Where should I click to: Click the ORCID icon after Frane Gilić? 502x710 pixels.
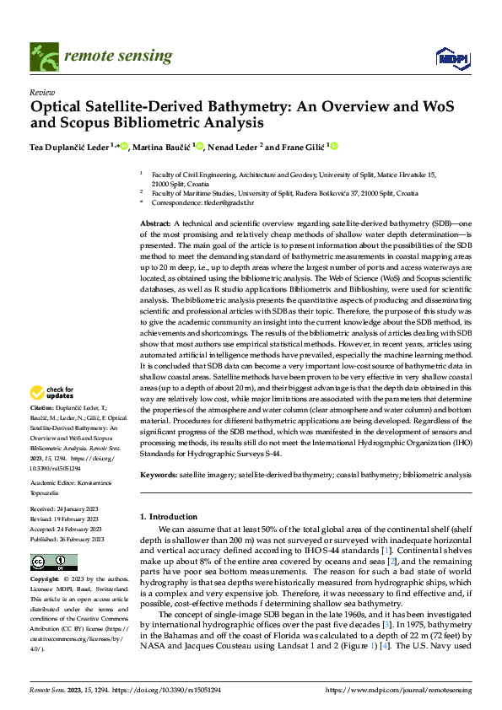(333, 147)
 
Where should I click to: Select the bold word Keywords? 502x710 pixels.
(159, 476)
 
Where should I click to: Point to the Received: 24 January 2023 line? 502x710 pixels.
(66, 510)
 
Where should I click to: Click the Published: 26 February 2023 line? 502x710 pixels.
(67, 538)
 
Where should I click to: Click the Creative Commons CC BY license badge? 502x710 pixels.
(53, 562)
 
